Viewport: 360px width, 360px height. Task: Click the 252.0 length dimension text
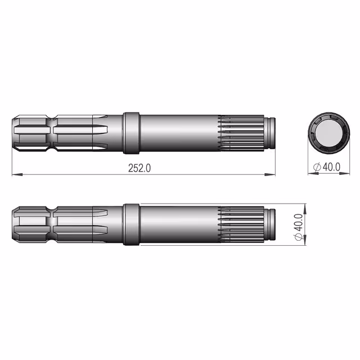139,168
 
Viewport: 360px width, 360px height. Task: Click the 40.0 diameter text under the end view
331,167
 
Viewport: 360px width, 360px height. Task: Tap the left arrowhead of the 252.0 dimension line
17,175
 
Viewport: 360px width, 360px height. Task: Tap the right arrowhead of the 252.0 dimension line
270,175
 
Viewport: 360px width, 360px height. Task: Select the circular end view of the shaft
329,133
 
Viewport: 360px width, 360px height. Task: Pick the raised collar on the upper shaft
131,133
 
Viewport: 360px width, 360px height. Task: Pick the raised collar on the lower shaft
131,224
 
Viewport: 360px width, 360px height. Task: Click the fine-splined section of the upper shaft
241,133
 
